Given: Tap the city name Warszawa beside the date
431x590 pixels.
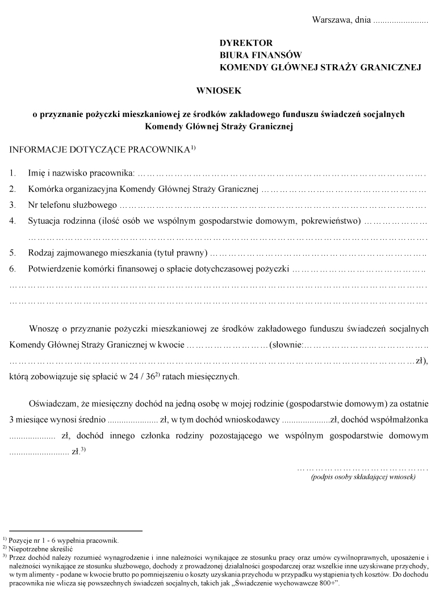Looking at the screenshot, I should [332, 20].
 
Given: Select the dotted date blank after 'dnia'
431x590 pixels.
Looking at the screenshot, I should [401, 22].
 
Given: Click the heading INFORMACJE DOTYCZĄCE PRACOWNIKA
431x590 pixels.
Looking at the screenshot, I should [99, 150].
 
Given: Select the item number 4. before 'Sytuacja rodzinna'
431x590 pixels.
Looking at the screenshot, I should [12, 220].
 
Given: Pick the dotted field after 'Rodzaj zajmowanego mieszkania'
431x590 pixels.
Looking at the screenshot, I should [318, 252].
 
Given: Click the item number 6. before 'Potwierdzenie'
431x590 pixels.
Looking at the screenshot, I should [12, 268].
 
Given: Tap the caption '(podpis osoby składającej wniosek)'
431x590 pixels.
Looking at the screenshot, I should [363, 477].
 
